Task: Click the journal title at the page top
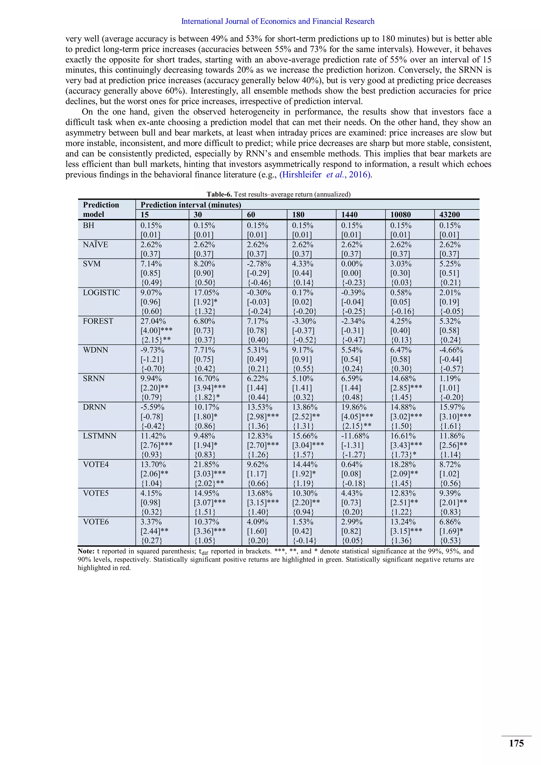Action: coord(277,21)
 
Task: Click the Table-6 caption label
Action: coord(219,194)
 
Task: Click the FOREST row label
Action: coord(98,321)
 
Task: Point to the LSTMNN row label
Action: coord(100,436)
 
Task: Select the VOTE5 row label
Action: coord(96,493)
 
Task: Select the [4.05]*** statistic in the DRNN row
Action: coord(357,417)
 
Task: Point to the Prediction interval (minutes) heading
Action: coord(190,205)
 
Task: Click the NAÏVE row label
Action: coord(95,245)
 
